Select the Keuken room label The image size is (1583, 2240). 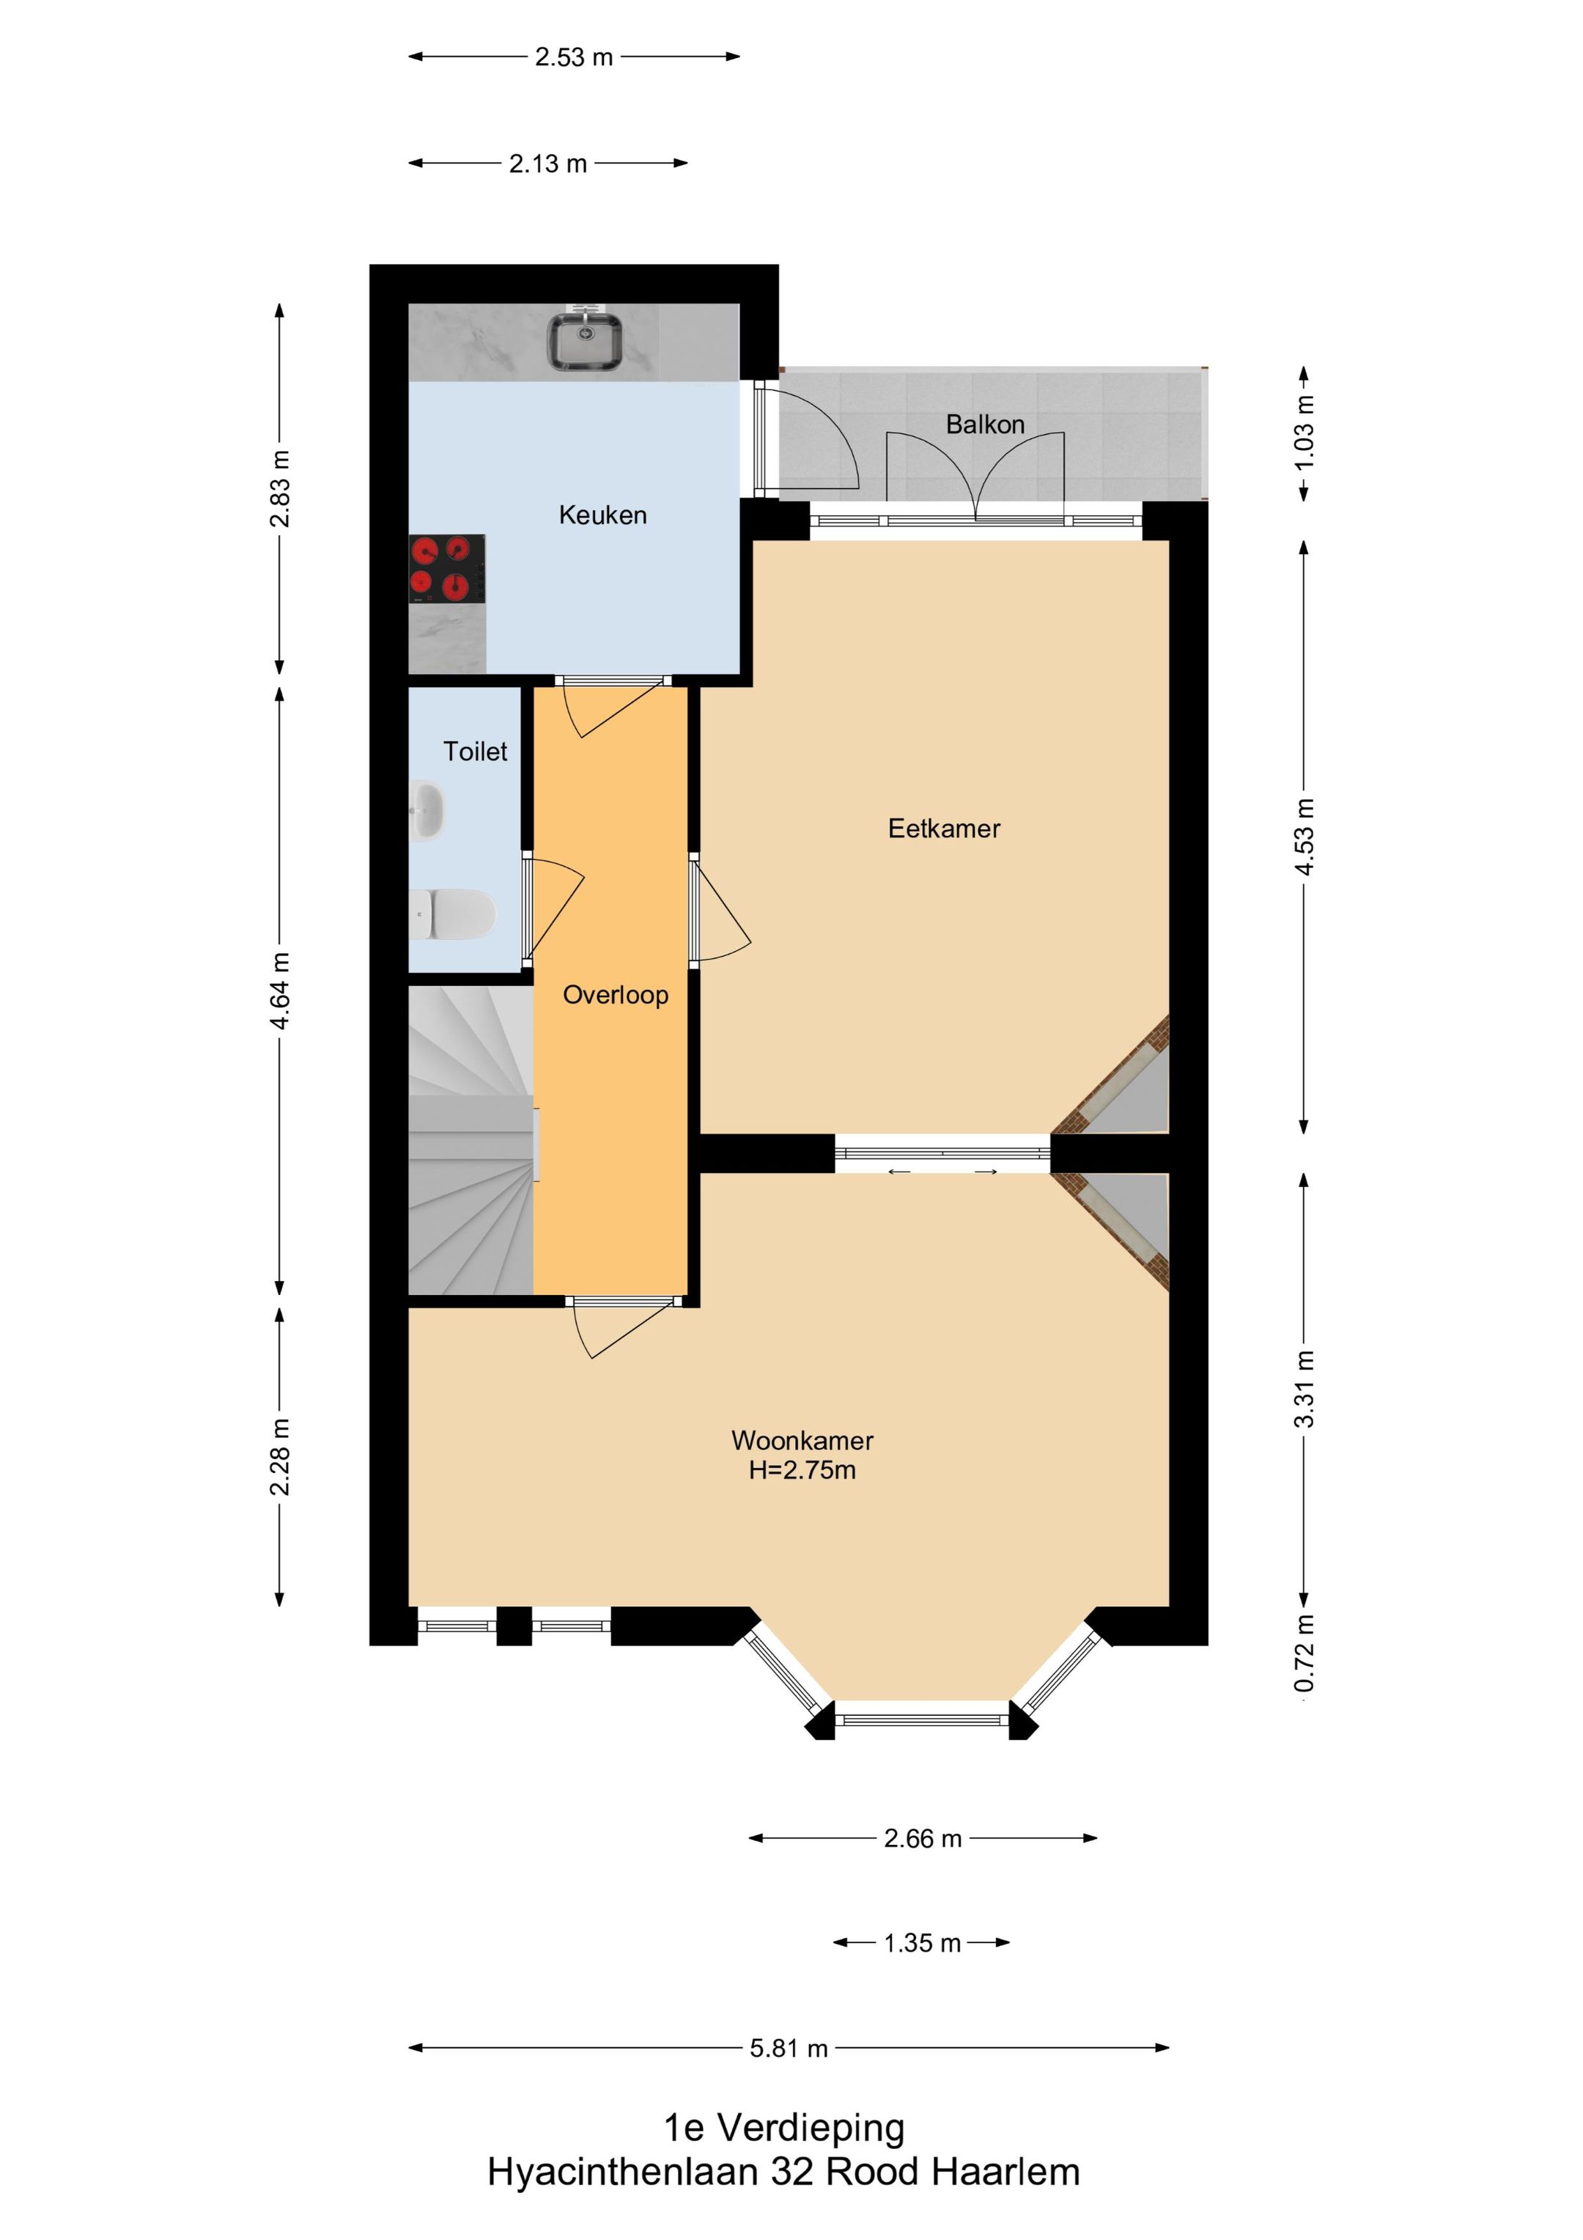602,515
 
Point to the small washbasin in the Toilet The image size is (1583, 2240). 427,809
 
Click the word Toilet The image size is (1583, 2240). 475,752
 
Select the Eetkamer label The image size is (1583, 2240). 944,829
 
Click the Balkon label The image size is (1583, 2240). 985,425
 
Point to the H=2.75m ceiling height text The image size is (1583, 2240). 802,1470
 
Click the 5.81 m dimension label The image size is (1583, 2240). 788,2049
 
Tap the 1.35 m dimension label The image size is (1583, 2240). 922,1944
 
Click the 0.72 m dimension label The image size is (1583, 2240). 1305,1653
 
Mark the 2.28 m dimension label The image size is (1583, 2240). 280,1457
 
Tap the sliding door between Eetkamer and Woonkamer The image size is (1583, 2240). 942,1154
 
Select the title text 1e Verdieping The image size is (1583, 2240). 784,2129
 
